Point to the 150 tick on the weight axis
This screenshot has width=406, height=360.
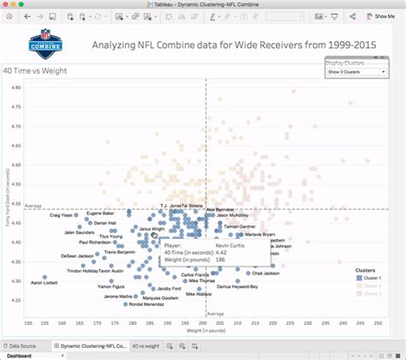[29, 323]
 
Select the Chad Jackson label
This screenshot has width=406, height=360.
[260, 264]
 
